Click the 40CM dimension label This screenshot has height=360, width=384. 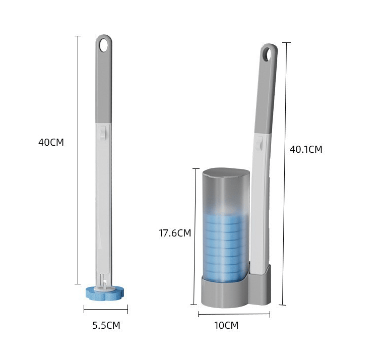tap(51, 142)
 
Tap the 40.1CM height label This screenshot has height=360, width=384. tap(305, 149)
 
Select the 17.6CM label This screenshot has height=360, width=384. tap(175, 233)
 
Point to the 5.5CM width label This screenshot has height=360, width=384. tap(106, 325)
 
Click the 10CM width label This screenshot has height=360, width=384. tap(226, 325)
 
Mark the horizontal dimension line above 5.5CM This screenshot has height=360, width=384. tap(106, 309)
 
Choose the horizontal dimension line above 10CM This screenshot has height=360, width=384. tap(234, 314)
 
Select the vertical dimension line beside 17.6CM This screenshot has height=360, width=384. tap(195, 237)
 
